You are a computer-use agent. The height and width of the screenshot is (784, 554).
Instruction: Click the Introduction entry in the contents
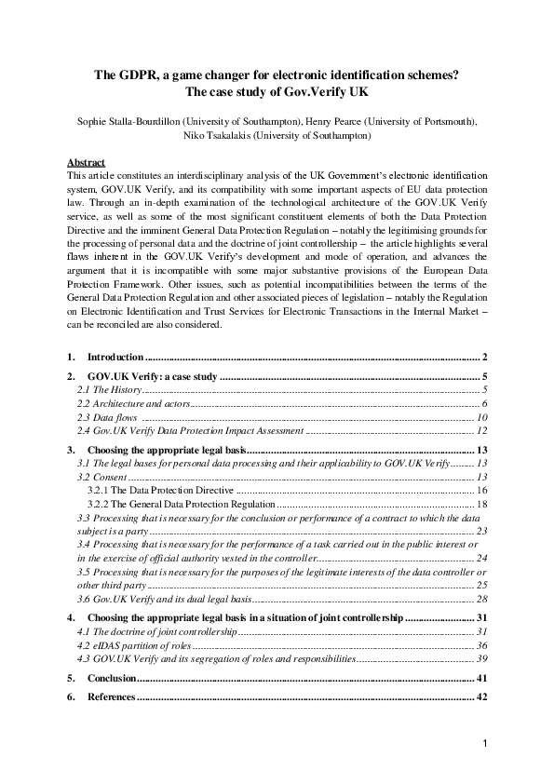[x=115, y=358]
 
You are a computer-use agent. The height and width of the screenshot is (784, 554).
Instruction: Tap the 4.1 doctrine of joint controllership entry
[x=157, y=632]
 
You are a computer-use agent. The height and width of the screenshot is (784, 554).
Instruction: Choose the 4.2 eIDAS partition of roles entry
[x=134, y=645]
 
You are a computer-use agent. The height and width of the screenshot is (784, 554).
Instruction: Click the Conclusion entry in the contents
[x=112, y=679]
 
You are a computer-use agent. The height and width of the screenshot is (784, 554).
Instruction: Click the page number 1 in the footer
[x=485, y=743]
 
